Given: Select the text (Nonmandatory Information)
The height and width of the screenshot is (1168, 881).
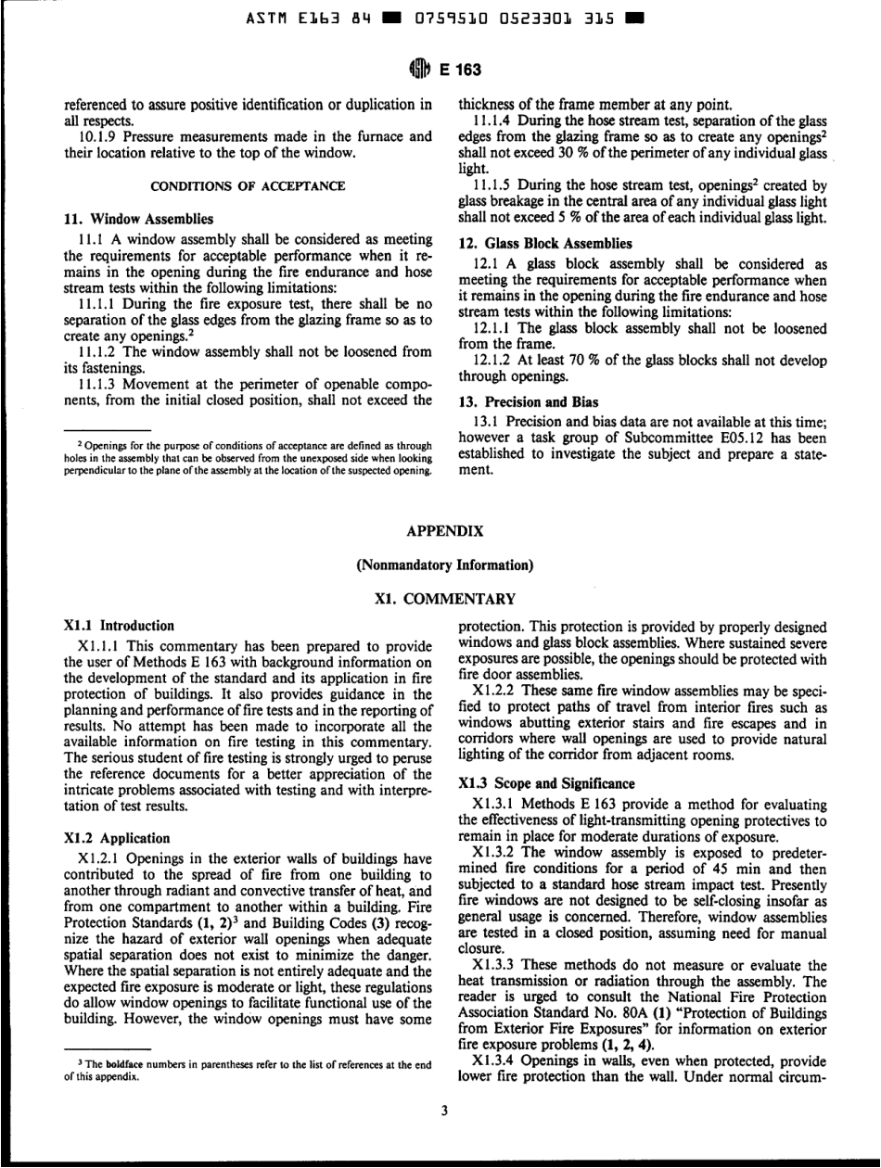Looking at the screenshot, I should tap(439, 563).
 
